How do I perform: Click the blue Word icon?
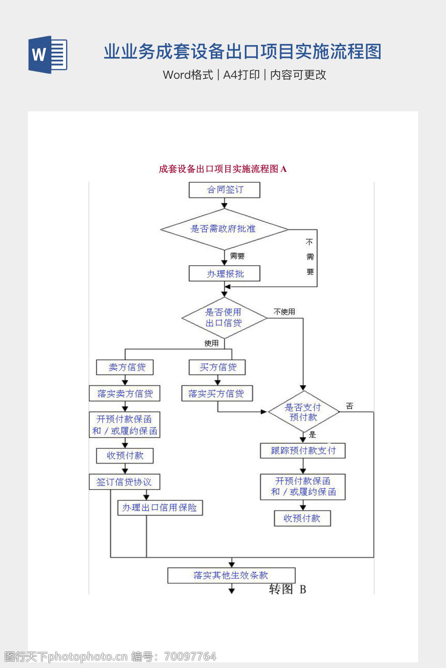coord(47,55)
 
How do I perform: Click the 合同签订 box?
coord(224,190)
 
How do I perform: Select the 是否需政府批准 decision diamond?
coord(224,229)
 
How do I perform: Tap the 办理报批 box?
coord(224,274)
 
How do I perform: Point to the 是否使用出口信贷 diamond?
coord(224,318)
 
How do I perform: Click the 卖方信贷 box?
coord(125,367)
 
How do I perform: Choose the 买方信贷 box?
coord(217,367)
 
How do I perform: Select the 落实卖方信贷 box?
coord(125,394)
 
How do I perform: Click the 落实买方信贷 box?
coord(217,394)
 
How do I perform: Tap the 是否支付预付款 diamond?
coord(303,412)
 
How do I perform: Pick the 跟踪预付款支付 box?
coord(303,451)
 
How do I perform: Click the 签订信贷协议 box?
coord(125,482)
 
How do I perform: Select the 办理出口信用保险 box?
coord(160,508)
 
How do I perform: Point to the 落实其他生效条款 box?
coord(231,575)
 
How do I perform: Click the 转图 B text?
coord(287,589)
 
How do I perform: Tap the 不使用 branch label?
coord(284,312)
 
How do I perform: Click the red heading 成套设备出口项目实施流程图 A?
coord(223,169)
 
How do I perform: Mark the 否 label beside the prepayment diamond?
coord(349,406)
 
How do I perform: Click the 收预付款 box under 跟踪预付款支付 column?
coord(302,518)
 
